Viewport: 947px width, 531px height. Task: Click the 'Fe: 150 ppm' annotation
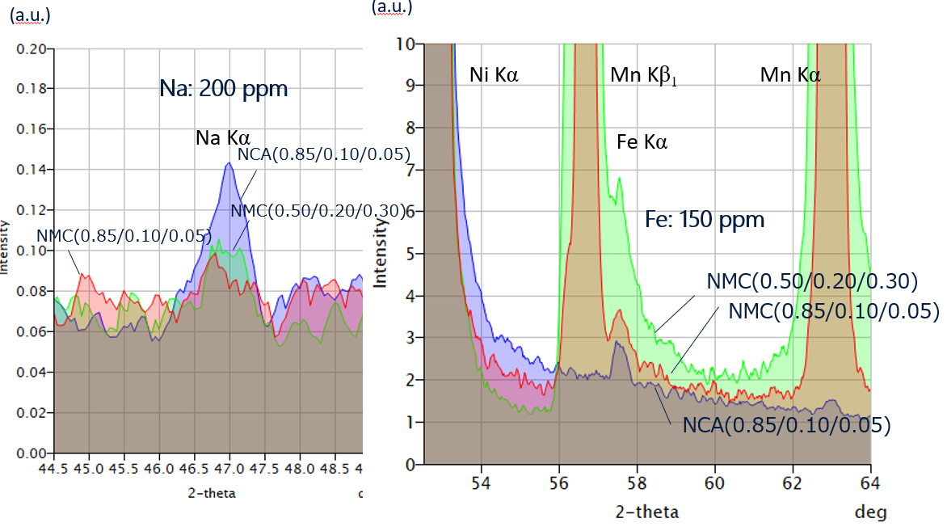pos(704,219)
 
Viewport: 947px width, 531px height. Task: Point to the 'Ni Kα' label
pos(494,76)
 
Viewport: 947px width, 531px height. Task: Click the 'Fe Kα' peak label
pos(642,143)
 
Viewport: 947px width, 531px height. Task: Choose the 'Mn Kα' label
pos(790,76)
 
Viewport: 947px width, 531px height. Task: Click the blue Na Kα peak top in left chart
pos(229,163)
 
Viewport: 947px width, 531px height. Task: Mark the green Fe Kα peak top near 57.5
pos(619,178)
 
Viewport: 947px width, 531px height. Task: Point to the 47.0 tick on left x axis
pos(229,468)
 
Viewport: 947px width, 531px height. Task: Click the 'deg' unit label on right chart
pos(871,512)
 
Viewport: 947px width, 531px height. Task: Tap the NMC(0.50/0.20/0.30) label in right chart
pos(812,281)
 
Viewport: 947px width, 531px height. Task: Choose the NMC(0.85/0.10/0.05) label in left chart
pos(124,236)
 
